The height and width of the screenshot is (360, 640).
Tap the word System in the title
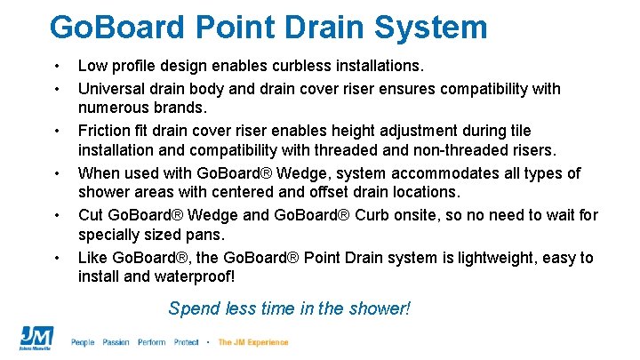click(x=434, y=27)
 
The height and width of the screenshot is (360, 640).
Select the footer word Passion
click(x=116, y=342)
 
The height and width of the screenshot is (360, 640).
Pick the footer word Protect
click(x=187, y=342)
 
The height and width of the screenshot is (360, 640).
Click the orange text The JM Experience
click(x=253, y=342)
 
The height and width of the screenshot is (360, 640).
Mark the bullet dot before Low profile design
click(x=57, y=66)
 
